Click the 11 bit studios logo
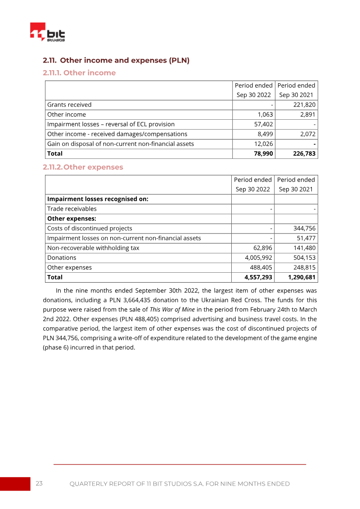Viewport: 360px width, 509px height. pyautogui.click(x=47, y=32)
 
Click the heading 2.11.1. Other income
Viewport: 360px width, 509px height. pyautogui.click(x=79, y=73)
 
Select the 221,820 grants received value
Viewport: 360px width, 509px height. pyautogui.click(x=302, y=105)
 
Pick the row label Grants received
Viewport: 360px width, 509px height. pyautogui.click(x=69, y=105)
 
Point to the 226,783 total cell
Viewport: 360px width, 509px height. pyautogui.click(x=302, y=153)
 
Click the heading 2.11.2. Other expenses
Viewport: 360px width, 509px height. pyautogui.click(x=83, y=167)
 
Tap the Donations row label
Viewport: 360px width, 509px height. pyautogui.click(x=62, y=258)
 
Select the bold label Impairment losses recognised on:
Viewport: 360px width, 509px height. pyautogui.click(x=98, y=199)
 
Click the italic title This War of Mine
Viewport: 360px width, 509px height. pyautogui.click(x=172, y=310)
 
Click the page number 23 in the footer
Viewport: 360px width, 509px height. pyautogui.click(x=39, y=484)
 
